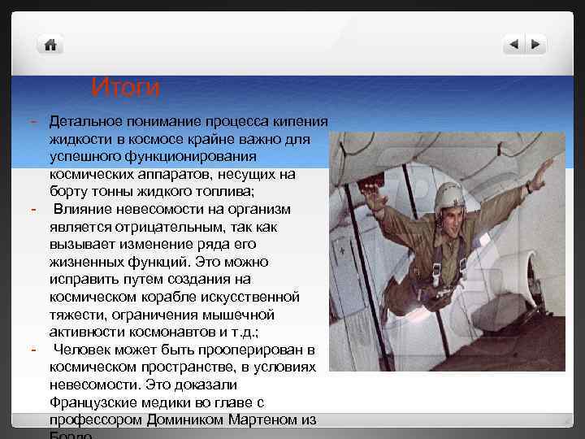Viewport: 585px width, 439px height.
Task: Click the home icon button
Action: point(51,45)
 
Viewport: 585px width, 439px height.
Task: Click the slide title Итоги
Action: point(125,86)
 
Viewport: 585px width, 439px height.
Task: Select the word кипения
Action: point(303,121)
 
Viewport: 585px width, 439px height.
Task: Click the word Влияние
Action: point(87,208)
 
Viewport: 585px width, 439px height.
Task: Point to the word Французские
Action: point(96,402)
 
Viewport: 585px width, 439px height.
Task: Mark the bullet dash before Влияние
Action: point(33,209)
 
